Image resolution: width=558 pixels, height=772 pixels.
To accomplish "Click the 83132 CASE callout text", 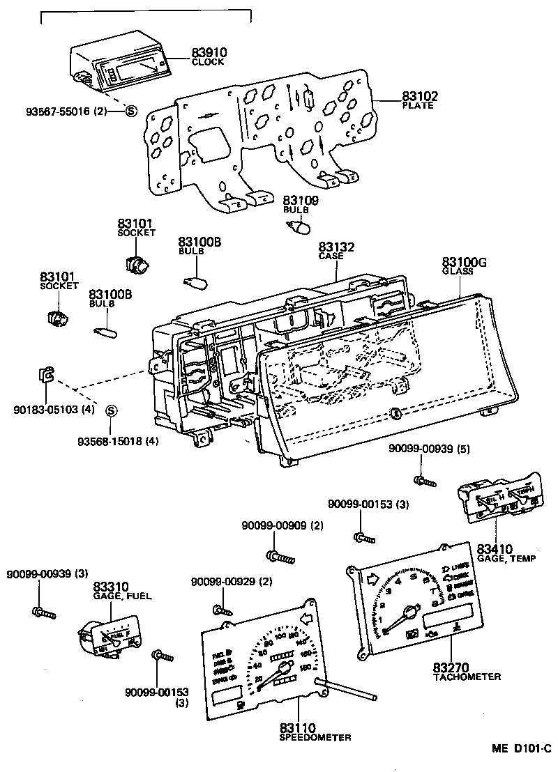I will tap(337, 250).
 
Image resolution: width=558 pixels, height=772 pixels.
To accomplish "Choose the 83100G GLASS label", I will tap(462, 265).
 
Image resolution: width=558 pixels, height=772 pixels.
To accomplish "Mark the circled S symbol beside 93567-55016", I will tap(130, 111).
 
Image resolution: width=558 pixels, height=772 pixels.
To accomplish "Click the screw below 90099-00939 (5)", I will tap(423, 480).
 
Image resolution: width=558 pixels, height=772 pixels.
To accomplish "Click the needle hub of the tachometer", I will tap(409, 612).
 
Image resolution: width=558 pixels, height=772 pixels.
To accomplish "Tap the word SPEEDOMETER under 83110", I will tap(315, 737).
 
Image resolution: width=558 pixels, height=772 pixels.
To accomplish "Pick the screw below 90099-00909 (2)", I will tap(280, 556).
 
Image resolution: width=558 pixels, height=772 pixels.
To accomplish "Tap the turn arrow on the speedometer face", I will tap(304, 618).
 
